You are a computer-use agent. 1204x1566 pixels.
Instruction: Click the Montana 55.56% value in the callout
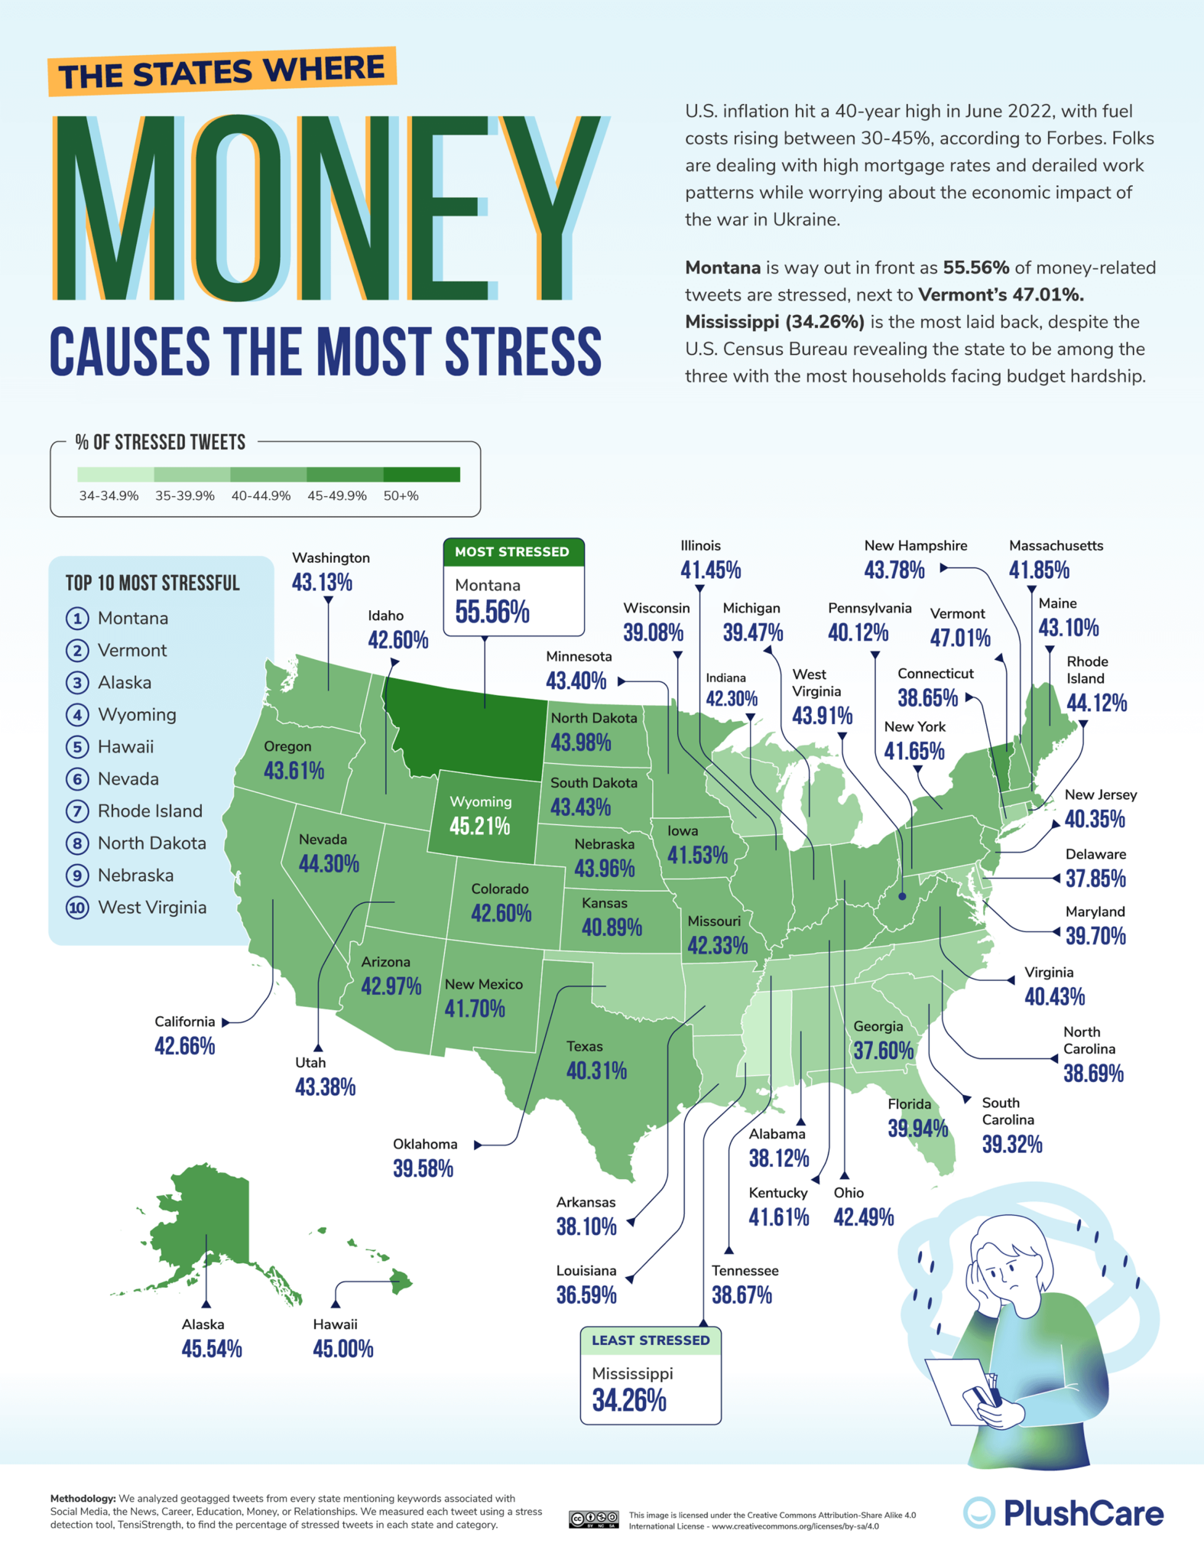tap(492, 612)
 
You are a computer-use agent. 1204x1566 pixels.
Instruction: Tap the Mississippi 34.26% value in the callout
tap(629, 1401)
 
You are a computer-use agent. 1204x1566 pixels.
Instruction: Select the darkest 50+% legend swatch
tap(422, 475)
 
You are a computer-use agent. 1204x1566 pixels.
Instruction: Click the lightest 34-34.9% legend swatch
tap(115, 475)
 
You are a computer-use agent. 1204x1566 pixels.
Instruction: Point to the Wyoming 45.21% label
tap(479, 827)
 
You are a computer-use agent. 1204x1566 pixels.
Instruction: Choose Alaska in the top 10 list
tap(124, 683)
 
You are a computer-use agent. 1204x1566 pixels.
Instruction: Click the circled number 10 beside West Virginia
tap(77, 908)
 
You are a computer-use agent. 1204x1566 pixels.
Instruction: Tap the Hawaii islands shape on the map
tap(399, 1278)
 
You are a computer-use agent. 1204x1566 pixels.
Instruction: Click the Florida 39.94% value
tap(917, 1129)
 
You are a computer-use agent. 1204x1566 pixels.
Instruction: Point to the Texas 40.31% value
tap(596, 1071)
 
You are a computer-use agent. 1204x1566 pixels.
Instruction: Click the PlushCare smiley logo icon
tap(978, 1512)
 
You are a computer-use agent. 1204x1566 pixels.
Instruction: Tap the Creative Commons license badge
tap(593, 1519)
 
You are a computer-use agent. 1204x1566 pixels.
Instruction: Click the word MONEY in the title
tap(329, 208)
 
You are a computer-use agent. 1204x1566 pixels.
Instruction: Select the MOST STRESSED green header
tap(513, 552)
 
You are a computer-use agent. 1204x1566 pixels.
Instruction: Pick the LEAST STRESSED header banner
tap(651, 1340)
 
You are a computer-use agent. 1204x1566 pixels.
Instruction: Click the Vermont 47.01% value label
tap(960, 638)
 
